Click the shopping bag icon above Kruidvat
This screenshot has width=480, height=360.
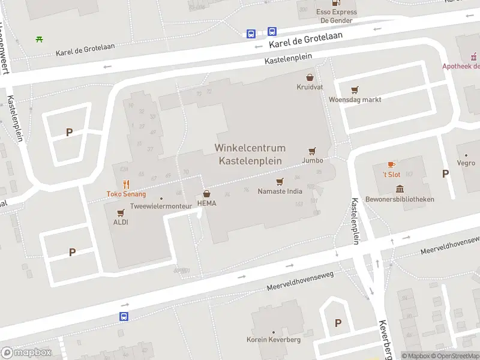310,77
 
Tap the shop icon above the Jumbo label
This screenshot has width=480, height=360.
312,151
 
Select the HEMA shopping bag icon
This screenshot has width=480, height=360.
206,194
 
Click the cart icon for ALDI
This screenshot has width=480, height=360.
121,213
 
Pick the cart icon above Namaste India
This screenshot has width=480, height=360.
279,182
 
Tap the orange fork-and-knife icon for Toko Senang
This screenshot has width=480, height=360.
126,184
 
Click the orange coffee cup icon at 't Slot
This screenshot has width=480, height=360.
391,164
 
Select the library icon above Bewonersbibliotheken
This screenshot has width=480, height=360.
400,190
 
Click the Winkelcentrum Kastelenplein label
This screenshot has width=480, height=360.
250,154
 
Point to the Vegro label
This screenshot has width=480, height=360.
466,163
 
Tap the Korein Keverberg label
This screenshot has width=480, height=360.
273,340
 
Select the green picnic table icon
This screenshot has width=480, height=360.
39,39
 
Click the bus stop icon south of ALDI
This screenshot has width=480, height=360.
124,316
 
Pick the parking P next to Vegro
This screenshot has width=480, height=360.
445,174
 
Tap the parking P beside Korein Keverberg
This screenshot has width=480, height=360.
338,323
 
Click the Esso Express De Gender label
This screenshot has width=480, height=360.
337,16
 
